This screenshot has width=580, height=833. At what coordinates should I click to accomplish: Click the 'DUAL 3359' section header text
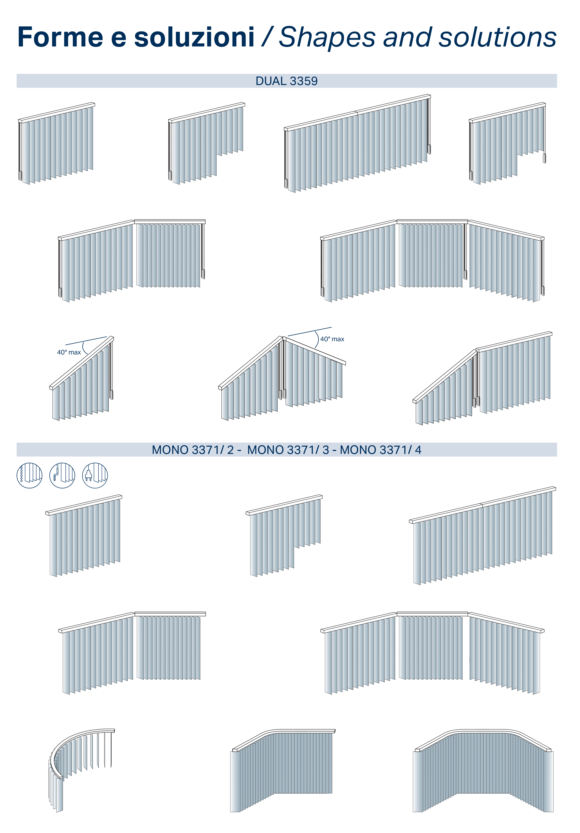[x=286, y=81]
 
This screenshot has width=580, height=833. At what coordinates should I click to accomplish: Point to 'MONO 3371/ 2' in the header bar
[x=192, y=450]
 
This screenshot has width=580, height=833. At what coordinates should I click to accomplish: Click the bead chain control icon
[x=29, y=475]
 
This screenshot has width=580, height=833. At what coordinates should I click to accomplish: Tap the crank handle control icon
[x=62, y=475]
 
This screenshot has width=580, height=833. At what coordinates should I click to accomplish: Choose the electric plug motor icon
[x=95, y=475]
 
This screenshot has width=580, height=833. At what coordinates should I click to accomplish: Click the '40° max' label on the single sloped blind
[x=69, y=352]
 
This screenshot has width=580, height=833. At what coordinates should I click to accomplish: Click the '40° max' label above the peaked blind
[x=332, y=339]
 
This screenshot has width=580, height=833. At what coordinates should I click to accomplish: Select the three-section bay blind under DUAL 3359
[x=432, y=260]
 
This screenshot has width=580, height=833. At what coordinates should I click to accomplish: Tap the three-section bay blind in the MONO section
[x=432, y=653]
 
